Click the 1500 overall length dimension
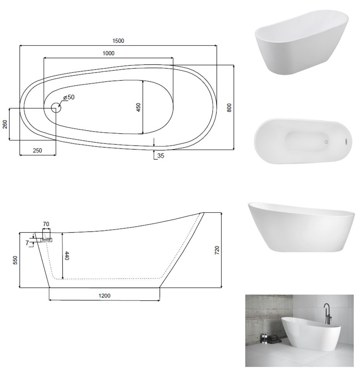click(118, 41)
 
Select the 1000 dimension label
click(108, 53)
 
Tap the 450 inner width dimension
click(138, 107)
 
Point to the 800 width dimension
click(229, 108)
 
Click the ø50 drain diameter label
click(69, 97)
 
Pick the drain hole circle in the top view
click(56, 108)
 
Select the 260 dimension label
click(5, 124)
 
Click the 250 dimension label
click(37, 150)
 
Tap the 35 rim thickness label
click(161, 156)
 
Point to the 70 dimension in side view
click(46, 224)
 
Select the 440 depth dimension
click(67, 256)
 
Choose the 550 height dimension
click(15, 260)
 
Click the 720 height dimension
click(217, 250)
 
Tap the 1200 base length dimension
click(105, 296)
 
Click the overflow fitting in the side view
click(47, 240)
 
